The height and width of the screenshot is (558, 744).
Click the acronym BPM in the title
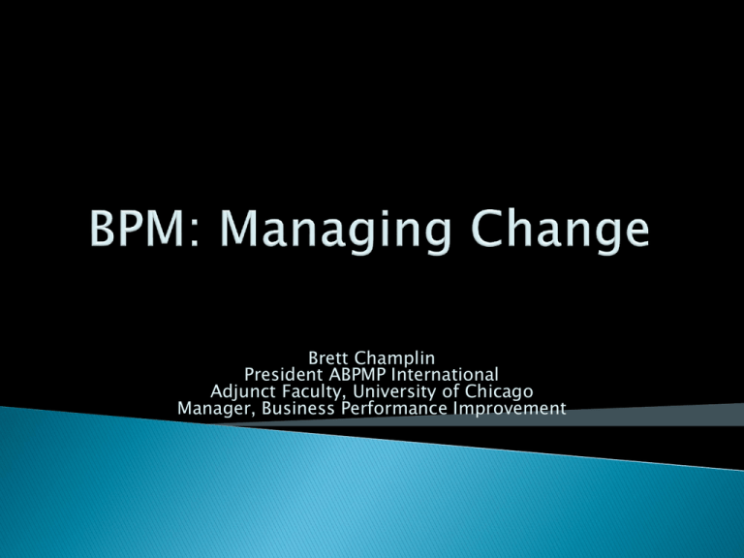138,229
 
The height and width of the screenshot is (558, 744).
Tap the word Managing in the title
335,232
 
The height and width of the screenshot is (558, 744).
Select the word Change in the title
560,232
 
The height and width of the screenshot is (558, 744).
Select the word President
284,375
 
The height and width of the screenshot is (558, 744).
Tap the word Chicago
499,392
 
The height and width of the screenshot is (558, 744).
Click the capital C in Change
486,229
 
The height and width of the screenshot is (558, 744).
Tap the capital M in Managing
239,229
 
